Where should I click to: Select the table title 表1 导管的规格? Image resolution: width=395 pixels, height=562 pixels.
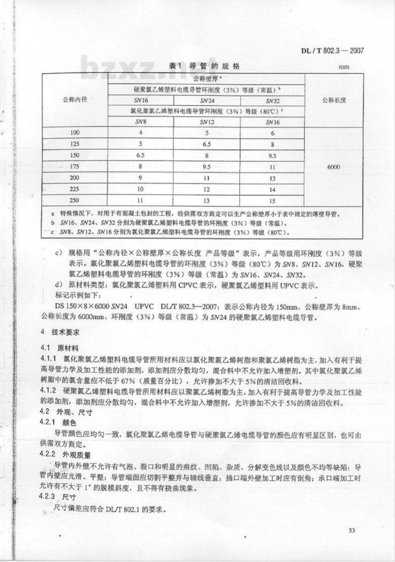coord(204,66)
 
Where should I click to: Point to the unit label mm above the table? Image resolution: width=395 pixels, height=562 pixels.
coord(344,67)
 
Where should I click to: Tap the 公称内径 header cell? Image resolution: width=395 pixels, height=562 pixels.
coord(75,99)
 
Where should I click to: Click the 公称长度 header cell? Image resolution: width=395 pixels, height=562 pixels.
coord(334,100)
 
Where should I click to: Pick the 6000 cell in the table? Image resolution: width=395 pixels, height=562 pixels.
coord(334,167)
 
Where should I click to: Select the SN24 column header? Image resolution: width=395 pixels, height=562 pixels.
coord(207,101)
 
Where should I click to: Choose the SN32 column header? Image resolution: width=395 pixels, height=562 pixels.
coord(273,101)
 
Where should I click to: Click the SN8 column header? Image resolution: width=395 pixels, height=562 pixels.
coord(140,122)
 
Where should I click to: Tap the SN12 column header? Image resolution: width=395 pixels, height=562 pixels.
coord(207,122)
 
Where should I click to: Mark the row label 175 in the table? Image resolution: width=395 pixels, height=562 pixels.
coord(75,167)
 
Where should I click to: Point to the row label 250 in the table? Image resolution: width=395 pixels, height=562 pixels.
coord(75,200)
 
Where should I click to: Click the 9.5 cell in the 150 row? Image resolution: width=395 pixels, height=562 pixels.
coord(273,155)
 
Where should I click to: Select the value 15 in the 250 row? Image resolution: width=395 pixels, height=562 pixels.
coord(273,200)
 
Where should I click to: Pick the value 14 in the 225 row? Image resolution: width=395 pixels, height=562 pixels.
coord(273,189)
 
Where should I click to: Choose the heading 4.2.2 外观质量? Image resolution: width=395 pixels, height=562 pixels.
coord(66,455)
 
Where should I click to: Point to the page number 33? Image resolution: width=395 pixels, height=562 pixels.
coord(352,530)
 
